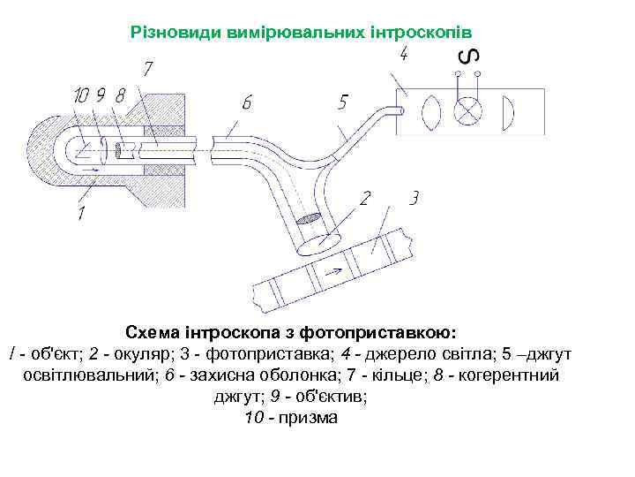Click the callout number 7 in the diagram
(149, 68)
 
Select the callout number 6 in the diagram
(247, 103)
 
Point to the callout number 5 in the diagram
(342, 102)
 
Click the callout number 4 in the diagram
(403, 55)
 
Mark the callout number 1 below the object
(80, 214)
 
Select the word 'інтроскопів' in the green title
(437, 32)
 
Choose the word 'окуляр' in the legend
(135, 354)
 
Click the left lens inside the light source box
(431, 113)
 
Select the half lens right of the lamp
(507, 113)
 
